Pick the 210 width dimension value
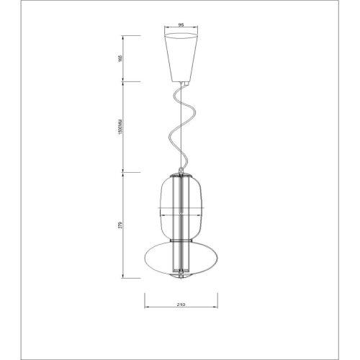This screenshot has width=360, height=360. [x=180, y=305]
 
